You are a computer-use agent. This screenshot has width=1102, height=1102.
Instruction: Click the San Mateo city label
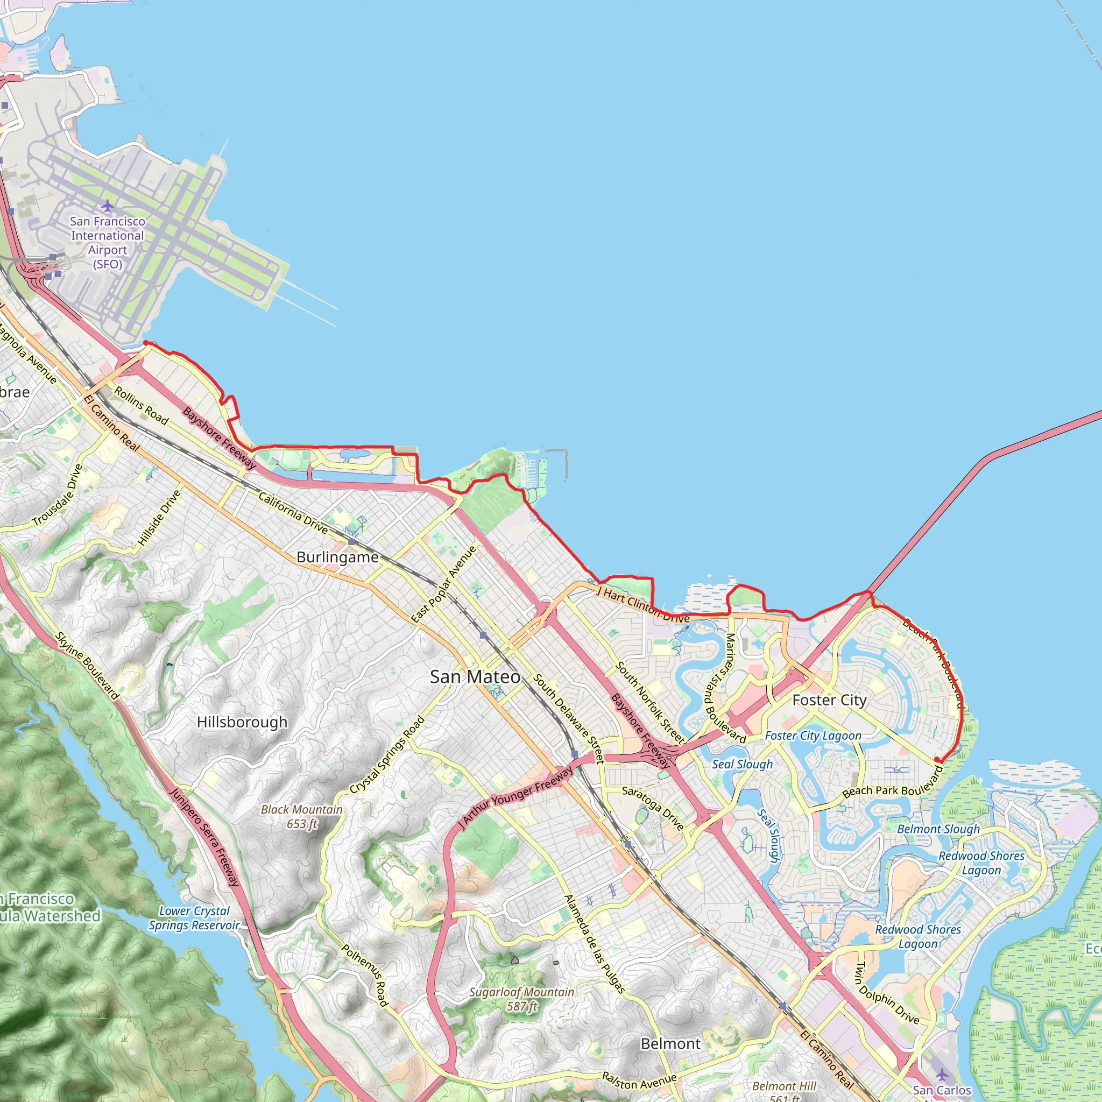coord(475,677)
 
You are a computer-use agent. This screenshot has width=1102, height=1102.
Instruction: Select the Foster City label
coord(829,700)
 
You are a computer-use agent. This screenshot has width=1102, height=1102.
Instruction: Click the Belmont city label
coord(670,1044)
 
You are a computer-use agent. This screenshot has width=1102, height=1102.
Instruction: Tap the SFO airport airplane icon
coord(107,206)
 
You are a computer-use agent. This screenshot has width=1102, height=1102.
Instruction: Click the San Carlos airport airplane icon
coord(942,1075)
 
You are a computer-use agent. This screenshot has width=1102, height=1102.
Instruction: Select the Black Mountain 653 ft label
coord(301,816)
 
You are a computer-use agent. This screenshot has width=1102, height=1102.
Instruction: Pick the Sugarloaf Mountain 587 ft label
coord(521,999)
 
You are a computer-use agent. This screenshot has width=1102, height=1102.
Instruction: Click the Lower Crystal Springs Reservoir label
coord(194,918)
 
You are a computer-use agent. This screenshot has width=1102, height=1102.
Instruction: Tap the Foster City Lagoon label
coord(813,736)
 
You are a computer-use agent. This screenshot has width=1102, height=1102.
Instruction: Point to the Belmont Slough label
coord(938,829)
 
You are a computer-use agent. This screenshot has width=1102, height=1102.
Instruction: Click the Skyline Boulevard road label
coord(87,666)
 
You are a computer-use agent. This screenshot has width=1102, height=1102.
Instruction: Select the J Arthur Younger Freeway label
coord(516,797)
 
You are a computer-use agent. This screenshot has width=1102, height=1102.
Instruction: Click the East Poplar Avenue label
coord(444,583)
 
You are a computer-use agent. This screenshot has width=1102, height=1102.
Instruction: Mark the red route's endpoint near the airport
coord(146,343)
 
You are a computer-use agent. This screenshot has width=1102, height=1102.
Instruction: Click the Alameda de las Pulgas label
coord(595,944)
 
